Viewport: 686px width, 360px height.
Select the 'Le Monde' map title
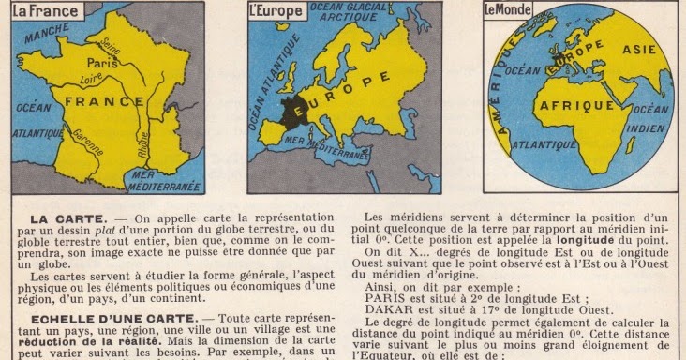(x=506, y=10)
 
